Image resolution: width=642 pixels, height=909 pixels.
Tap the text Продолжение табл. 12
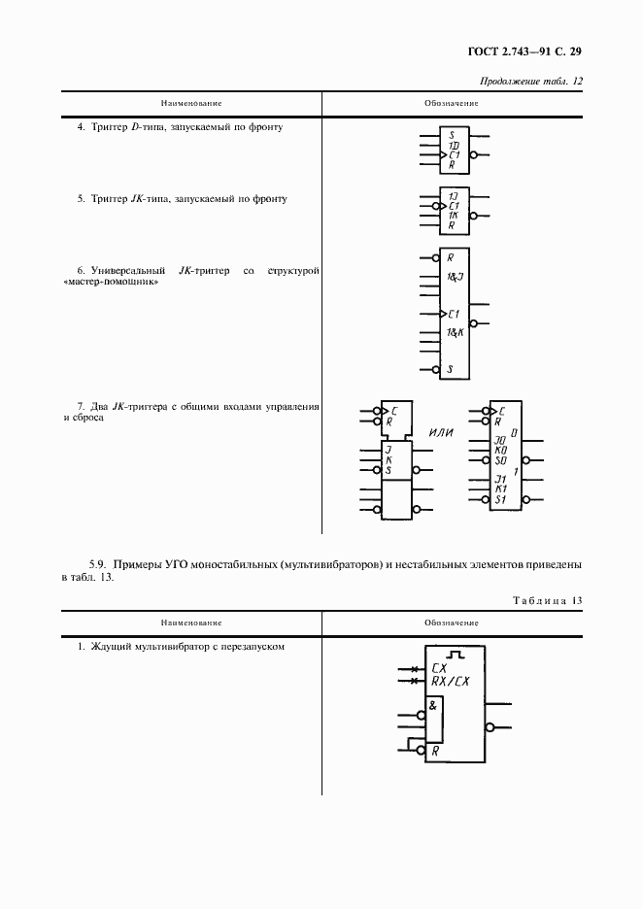(x=530, y=82)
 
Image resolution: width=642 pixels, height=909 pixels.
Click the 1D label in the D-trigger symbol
(x=454, y=146)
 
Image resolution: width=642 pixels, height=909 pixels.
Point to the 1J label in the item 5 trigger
(x=453, y=196)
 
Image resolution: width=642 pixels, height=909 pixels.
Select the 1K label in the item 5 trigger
(x=453, y=215)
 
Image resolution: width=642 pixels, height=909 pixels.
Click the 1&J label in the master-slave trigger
(x=456, y=277)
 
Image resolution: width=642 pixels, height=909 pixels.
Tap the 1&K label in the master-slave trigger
(x=456, y=332)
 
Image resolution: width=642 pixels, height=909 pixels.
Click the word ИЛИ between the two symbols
(x=441, y=432)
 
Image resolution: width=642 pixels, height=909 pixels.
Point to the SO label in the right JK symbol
(x=500, y=460)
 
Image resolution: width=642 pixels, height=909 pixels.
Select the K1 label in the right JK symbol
(x=500, y=488)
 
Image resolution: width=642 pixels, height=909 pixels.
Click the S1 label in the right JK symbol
(x=500, y=499)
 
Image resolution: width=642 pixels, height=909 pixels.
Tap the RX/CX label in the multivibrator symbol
(x=450, y=681)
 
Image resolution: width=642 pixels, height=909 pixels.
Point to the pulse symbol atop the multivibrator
(x=457, y=655)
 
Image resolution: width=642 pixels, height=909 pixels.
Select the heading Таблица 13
(x=548, y=600)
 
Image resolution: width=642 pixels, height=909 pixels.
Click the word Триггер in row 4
(x=110, y=127)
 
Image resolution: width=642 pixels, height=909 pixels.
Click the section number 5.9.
(x=98, y=564)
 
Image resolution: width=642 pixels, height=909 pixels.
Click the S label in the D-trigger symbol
(x=452, y=136)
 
